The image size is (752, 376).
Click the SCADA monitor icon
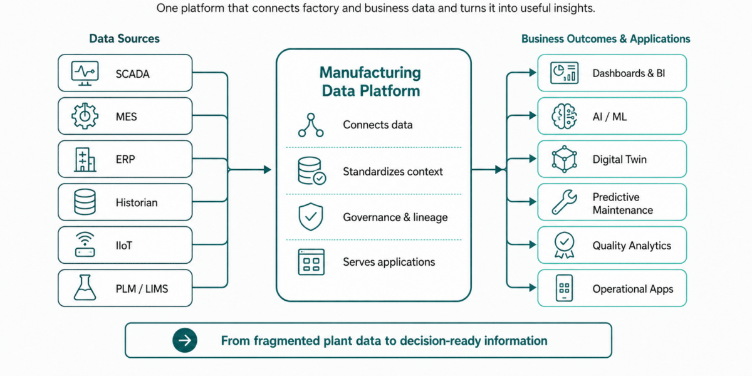[85, 73]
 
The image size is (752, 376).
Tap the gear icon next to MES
[85, 116]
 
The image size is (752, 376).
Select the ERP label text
[125, 159]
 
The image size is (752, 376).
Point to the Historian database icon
[85, 202]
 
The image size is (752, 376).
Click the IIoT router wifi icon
[85, 245]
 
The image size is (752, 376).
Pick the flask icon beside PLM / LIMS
[85, 288]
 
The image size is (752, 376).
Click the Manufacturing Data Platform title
[370, 81]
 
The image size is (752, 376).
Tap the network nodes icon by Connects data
[311, 125]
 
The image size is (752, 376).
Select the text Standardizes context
[393, 172]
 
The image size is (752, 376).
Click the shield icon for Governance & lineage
[311, 217]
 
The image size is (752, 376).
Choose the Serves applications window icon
[311, 262]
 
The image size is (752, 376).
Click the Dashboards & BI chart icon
[565, 73]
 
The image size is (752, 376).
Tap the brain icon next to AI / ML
[565, 116]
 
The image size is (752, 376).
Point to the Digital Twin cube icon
[565, 159]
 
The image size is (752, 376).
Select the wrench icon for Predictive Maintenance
[565, 202]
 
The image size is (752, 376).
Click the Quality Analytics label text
[632, 246]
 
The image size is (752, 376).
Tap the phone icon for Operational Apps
[565, 288]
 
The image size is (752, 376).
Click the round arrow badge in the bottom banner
[185, 340]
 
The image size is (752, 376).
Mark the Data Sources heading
[124, 39]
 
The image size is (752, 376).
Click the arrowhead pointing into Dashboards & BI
[533, 73]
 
